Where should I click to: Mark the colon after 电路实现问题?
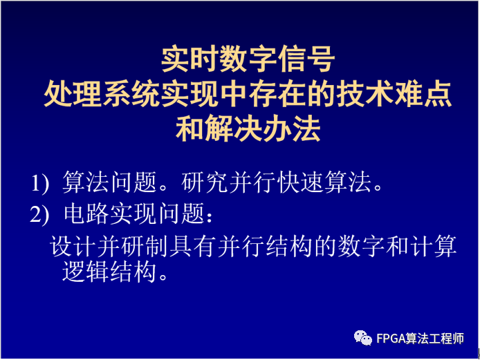(210, 216)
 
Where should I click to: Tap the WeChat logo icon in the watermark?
(362, 338)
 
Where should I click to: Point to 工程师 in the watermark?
(447, 339)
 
